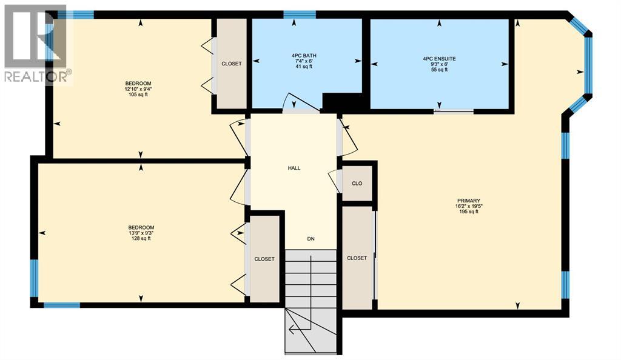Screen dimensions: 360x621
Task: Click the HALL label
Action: (x=294, y=168)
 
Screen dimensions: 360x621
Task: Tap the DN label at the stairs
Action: (x=310, y=239)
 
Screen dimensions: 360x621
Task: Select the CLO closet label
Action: (x=357, y=182)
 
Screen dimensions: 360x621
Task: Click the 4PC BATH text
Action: (x=304, y=56)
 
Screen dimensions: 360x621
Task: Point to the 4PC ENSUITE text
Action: (x=439, y=59)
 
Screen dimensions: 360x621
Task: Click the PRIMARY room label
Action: (x=469, y=201)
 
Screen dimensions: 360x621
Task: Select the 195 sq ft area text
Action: (x=469, y=212)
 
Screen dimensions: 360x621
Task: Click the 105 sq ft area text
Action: (x=138, y=95)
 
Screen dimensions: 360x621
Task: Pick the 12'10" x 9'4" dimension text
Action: (x=138, y=89)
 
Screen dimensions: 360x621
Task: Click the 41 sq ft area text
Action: (x=304, y=67)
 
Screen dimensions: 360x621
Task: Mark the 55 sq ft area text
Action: (x=439, y=70)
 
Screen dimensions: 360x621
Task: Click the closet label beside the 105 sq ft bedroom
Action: (x=231, y=64)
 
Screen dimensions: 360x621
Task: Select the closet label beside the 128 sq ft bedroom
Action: (x=264, y=259)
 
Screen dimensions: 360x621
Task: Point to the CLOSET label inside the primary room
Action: (x=357, y=258)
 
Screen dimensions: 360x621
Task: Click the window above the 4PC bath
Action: (x=300, y=15)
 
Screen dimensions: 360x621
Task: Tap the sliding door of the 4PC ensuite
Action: (x=454, y=111)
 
